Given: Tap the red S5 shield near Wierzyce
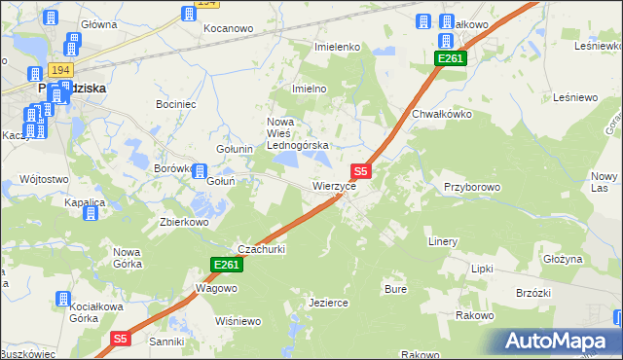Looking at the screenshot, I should (359, 170).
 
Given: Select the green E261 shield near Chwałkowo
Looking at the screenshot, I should (451, 59).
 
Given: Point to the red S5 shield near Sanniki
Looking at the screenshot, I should (120, 339).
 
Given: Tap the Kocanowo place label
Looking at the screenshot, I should (228, 28).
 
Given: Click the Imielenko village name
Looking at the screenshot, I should (338, 47).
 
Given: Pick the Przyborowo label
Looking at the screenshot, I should (471, 186).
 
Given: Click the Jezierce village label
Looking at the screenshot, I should (328, 303).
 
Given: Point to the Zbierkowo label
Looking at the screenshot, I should (185, 221).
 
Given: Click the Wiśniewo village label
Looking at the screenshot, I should (238, 321).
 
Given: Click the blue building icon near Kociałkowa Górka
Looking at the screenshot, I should (64, 300).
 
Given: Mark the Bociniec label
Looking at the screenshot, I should (175, 102).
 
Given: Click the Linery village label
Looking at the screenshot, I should (442, 240).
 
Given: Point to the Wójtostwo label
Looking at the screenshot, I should (44, 179).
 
